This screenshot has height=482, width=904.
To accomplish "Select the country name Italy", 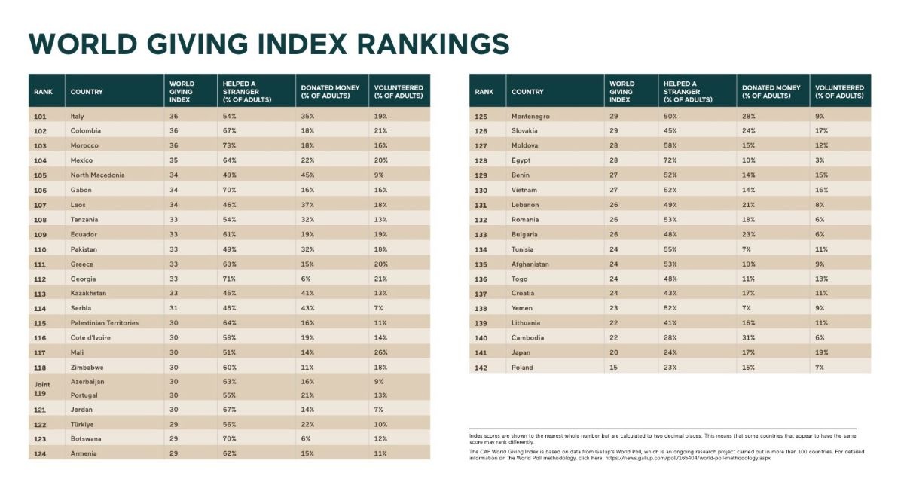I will pyautogui.click(x=77, y=116).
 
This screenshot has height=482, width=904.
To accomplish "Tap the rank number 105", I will pyautogui.click(x=40, y=175).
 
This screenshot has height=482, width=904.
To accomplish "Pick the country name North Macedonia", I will pyautogui.click(x=97, y=175).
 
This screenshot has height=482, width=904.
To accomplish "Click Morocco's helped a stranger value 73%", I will pyautogui.click(x=229, y=145).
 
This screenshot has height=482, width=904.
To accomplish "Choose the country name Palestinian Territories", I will pyautogui.click(x=104, y=323).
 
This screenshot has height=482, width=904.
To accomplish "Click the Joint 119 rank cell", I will pyautogui.click(x=40, y=389).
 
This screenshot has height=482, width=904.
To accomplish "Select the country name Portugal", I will pyautogui.click(x=84, y=395).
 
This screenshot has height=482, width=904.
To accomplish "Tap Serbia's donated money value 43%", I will pyautogui.click(x=307, y=308).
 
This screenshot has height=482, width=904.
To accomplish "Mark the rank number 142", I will pyautogui.click(x=481, y=368).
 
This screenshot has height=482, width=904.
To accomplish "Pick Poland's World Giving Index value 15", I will pyautogui.click(x=613, y=368).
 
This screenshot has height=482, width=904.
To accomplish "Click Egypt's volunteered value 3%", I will pyautogui.click(x=819, y=160).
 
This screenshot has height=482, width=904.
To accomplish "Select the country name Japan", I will pyautogui.click(x=521, y=353).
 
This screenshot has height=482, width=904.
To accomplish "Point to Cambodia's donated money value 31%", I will pyautogui.click(x=749, y=338).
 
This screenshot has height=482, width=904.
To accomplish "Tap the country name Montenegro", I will pyautogui.click(x=530, y=117).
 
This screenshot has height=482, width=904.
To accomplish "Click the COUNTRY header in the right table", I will pyautogui.click(x=527, y=92).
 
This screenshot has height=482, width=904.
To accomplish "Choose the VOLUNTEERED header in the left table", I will pyautogui.click(x=399, y=92).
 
